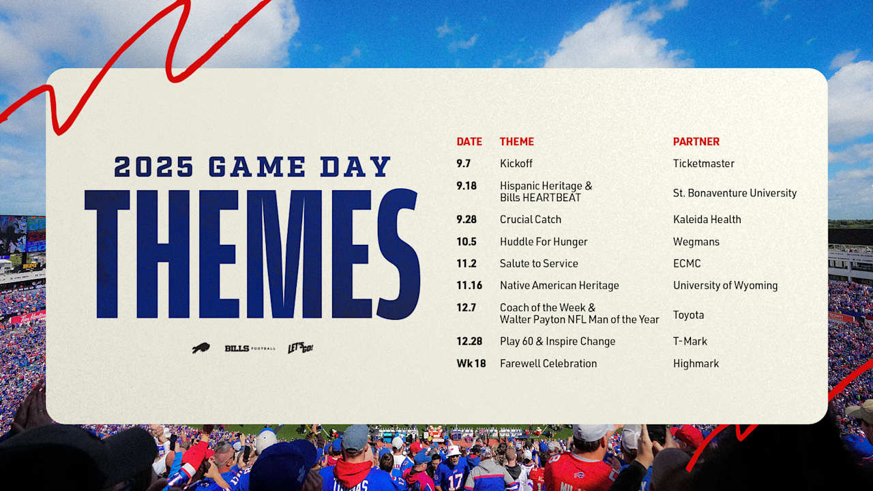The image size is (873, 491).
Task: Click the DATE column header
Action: point(469,142)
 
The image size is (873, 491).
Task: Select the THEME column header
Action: point(516,142)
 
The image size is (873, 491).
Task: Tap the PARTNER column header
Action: point(696,142)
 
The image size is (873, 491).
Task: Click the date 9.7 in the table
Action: point(464,164)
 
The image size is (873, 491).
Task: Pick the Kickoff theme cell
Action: point(516,164)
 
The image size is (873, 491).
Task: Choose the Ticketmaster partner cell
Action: point(703,164)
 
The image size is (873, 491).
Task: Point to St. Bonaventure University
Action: point(735,193)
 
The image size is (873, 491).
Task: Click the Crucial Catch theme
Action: point(530,220)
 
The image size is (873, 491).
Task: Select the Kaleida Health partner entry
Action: point(707,220)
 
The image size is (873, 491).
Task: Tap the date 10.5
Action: point(467,241)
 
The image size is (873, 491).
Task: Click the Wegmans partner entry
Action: point(696,241)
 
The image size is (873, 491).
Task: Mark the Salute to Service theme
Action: point(538,263)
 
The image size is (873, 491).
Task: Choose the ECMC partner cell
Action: point(687,263)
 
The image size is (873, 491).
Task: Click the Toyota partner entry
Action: point(688,315)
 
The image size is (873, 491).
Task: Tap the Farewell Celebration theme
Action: point(548,363)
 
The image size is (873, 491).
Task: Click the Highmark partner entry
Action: point(696,363)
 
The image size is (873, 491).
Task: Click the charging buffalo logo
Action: point(201,348)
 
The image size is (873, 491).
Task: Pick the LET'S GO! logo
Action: point(300,348)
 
